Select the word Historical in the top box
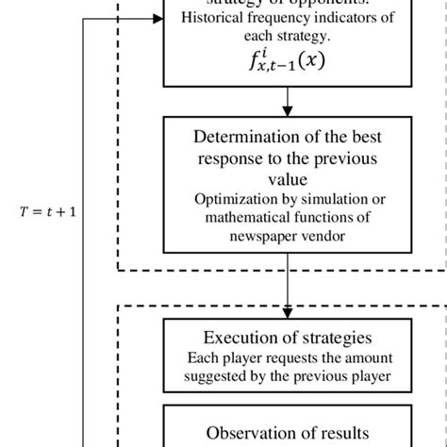tap(208, 18)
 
